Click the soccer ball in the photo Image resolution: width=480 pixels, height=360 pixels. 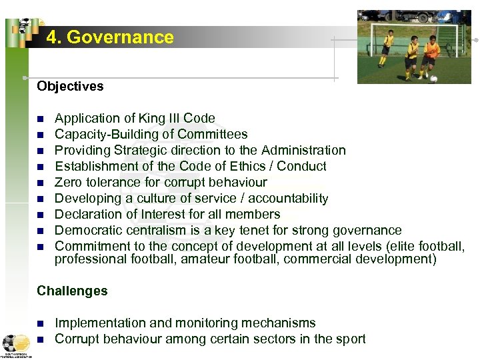click(433, 79)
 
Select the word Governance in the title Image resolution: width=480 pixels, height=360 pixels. click(120, 37)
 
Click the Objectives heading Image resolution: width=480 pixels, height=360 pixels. click(70, 86)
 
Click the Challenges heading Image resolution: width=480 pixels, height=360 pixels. click(72, 291)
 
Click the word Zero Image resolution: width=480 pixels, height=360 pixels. click(68, 182)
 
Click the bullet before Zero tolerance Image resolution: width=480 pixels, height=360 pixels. click(40, 183)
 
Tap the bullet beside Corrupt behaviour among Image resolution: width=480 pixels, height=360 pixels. click(40, 339)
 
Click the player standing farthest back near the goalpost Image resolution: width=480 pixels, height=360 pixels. click(387, 48)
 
